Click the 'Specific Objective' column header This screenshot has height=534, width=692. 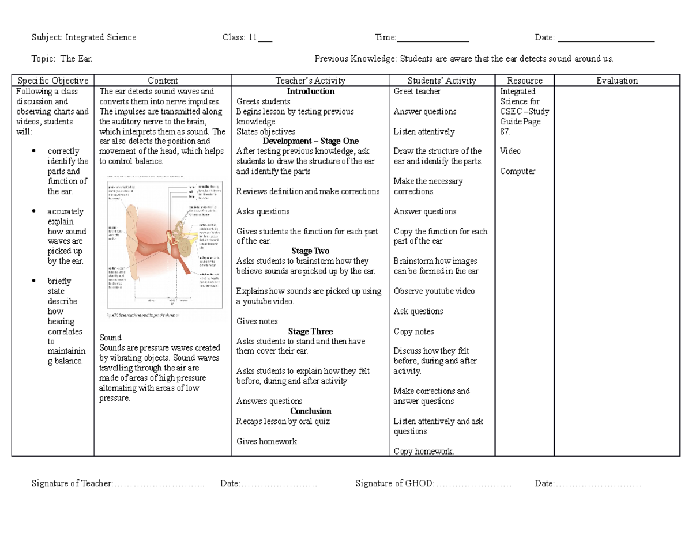(52, 81)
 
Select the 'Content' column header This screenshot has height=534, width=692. (163, 81)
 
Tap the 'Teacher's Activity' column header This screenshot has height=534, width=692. (310, 81)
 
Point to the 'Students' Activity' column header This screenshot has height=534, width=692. (442, 81)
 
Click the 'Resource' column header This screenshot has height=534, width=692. (524, 81)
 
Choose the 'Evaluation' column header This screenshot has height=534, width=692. (617, 81)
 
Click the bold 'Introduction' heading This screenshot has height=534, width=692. (311, 92)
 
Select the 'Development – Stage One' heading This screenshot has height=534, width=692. (310, 141)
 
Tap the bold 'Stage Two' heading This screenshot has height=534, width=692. (310, 251)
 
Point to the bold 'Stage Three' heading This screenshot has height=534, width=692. (310, 331)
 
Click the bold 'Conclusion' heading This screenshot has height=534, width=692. (310, 411)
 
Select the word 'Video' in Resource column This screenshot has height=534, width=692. (510, 151)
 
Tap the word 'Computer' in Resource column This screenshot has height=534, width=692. (517, 171)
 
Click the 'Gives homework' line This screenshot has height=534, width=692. (266, 441)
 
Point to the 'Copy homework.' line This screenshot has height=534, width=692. (423, 451)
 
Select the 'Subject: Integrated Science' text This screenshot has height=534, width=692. (84, 37)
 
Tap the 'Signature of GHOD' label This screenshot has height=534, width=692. (394, 483)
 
